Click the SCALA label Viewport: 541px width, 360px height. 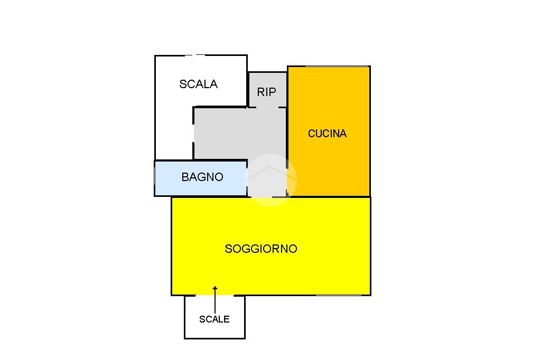tap(199, 84)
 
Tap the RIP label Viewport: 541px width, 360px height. tap(266, 92)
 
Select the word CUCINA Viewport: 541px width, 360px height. tap(327, 134)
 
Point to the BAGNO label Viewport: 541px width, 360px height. tap(202, 177)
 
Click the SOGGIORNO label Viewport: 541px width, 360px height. tap(261, 249)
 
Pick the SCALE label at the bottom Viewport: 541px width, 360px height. tap(214, 319)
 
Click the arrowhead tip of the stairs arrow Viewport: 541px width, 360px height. tap(215, 288)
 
